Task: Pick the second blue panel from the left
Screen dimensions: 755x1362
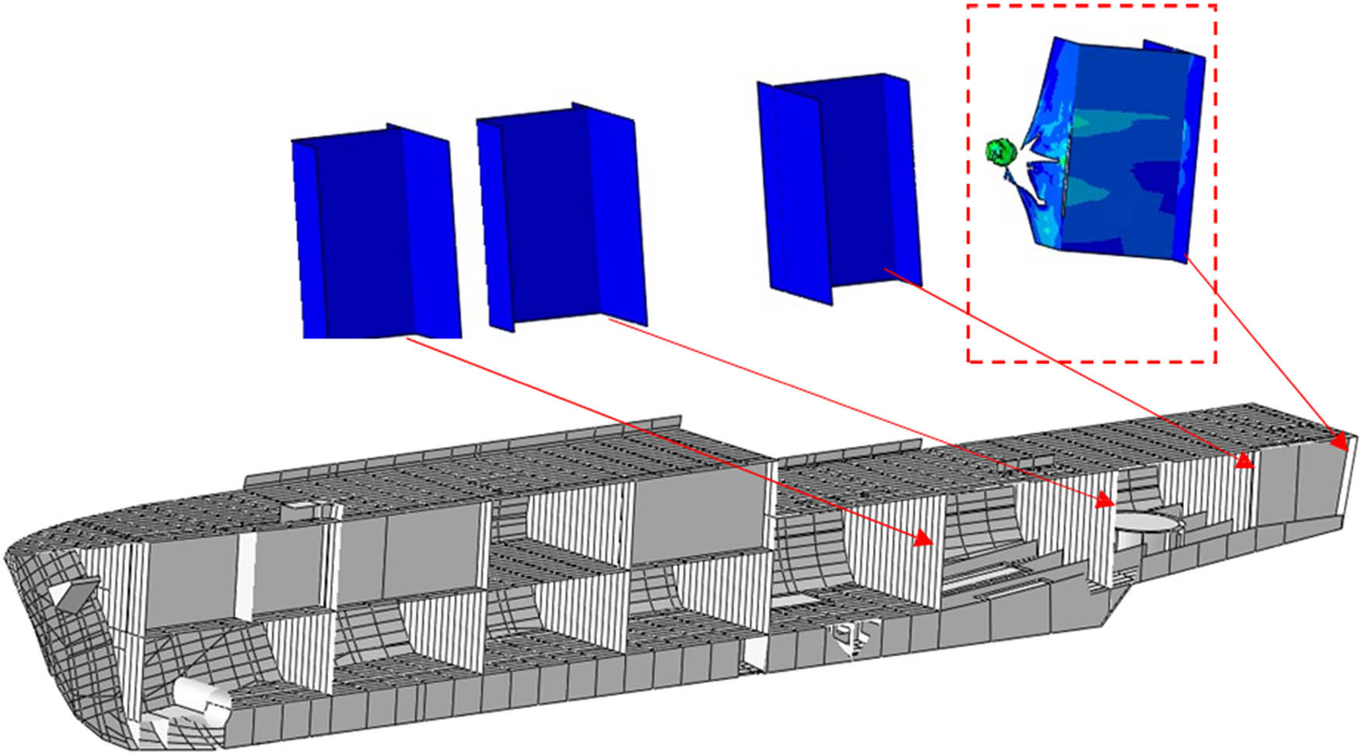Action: (x=560, y=218)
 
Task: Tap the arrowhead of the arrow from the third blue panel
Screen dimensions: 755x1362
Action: (x=1246, y=462)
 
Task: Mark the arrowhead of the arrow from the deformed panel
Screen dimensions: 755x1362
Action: (x=1339, y=443)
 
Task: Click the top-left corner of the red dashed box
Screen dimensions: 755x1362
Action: (x=968, y=5)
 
